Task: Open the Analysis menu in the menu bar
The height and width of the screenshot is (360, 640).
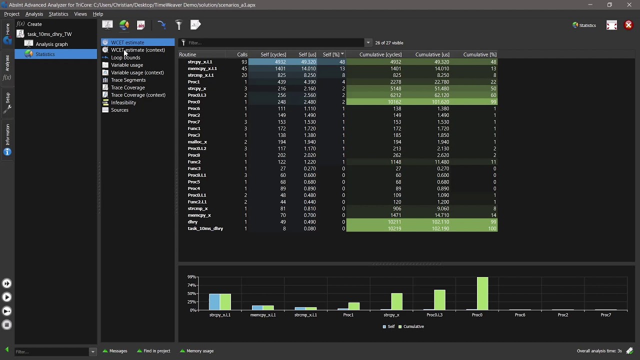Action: [34, 14]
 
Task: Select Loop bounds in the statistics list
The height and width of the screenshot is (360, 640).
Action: [125, 57]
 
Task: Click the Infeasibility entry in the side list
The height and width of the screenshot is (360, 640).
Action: [123, 102]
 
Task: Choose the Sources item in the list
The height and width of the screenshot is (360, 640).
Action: [119, 110]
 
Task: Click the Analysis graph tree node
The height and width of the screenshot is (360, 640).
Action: [51, 44]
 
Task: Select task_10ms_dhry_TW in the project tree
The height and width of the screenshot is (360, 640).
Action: [49, 34]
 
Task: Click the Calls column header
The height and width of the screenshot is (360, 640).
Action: [242, 54]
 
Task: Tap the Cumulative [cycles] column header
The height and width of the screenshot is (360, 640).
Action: [380, 54]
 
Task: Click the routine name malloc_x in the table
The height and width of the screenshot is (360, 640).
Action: [197, 142]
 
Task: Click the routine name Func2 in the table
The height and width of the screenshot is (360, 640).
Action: [194, 162]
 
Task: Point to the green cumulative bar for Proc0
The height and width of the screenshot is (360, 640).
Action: [482, 293]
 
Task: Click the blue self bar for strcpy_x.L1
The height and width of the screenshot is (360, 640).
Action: [214, 302]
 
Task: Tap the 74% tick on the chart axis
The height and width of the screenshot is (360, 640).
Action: [191, 285]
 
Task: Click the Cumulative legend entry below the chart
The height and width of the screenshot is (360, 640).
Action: [413, 326]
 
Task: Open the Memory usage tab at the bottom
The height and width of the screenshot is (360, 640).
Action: [199, 351]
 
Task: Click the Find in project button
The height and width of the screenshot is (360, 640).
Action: [156, 351]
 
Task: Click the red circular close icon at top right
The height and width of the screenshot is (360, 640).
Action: [628, 25]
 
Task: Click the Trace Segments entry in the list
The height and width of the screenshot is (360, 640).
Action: [128, 80]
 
